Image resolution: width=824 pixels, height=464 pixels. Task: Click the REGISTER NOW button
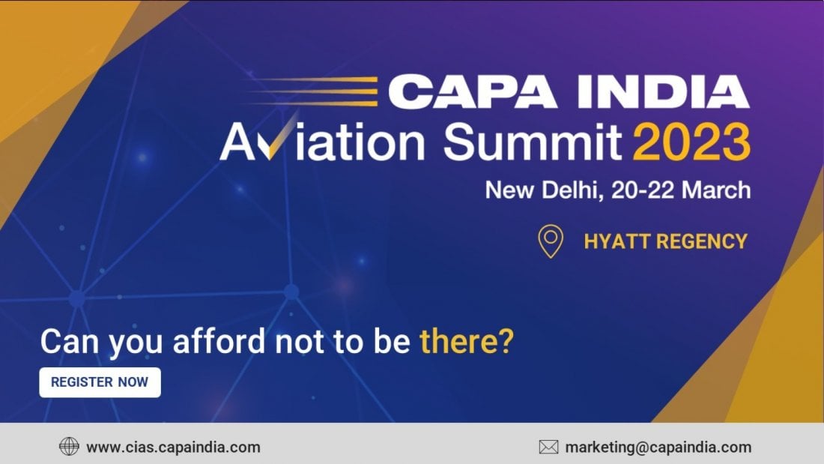(x=100, y=382)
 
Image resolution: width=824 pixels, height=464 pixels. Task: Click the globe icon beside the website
(x=69, y=447)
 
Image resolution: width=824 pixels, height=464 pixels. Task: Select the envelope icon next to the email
(x=548, y=448)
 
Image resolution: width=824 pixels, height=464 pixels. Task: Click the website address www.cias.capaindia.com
(x=174, y=448)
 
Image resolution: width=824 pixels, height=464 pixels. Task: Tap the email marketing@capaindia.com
(x=658, y=448)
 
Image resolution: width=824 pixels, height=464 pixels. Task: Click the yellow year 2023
(x=691, y=142)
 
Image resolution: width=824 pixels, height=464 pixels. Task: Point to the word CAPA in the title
(x=473, y=92)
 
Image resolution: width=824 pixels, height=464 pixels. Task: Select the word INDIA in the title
(x=663, y=92)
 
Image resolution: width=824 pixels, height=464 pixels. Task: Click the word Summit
(x=533, y=142)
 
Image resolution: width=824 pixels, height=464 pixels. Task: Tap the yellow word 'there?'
(x=466, y=341)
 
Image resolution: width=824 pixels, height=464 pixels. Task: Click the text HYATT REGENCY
(x=665, y=241)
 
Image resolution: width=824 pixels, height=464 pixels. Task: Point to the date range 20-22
(x=643, y=190)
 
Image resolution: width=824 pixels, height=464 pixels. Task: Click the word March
(x=716, y=190)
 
